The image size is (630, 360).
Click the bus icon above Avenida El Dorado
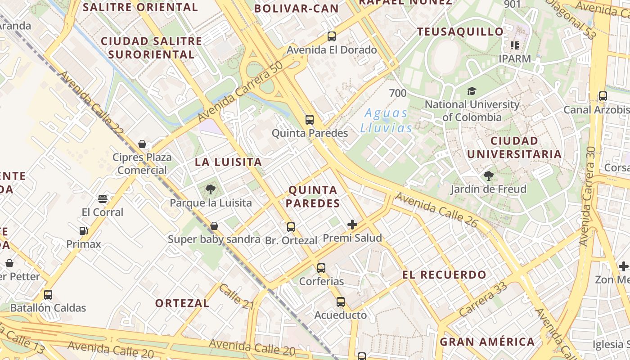[x=332, y=36]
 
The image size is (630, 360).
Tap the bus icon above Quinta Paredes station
[x=310, y=120]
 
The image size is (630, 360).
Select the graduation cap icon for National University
[x=472, y=91]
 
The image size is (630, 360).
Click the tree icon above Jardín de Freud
[x=488, y=176]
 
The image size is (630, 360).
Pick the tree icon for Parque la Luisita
[x=210, y=189]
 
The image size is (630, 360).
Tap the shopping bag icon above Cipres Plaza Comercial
[x=142, y=144]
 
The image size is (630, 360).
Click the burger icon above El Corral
[x=103, y=199]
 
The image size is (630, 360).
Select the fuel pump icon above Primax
[x=83, y=231]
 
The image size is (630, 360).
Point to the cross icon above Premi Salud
[x=352, y=225]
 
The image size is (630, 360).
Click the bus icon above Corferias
[x=321, y=268]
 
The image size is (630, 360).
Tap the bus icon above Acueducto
[x=341, y=302]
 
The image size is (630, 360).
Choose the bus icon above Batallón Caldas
[x=48, y=295]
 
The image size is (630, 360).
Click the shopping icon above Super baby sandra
[x=215, y=226]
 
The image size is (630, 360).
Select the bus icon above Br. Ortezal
[x=291, y=227]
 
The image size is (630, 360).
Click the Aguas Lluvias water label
[x=386, y=121]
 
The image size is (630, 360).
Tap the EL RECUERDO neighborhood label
[x=445, y=275]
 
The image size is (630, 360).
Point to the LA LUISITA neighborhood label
[x=228, y=162]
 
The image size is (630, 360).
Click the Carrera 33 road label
[x=484, y=299]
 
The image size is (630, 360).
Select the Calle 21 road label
[x=237, y=296]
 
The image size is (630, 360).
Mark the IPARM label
[x=515, y=59]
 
